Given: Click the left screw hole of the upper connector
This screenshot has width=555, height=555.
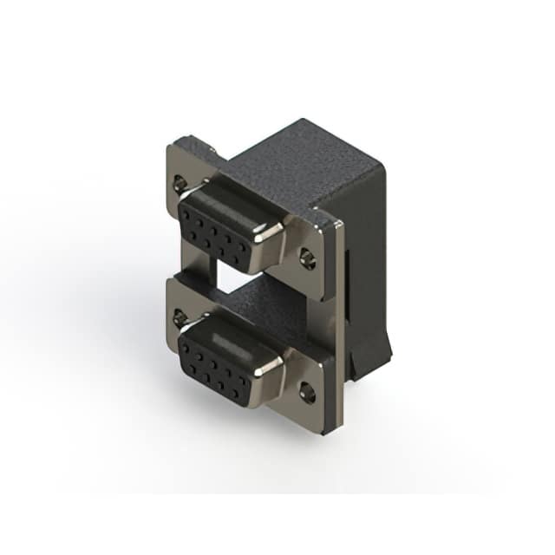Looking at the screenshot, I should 180,183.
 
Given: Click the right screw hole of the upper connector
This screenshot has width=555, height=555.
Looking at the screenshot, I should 308,258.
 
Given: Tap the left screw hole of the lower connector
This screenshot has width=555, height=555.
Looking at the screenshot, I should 180,318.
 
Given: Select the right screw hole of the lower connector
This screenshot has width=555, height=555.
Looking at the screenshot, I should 308,392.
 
